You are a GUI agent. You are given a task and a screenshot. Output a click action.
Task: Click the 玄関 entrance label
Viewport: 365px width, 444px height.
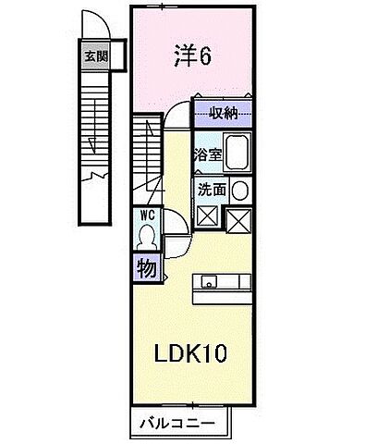point(96,55)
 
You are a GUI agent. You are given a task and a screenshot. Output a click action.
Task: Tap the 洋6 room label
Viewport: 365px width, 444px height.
point(192,56)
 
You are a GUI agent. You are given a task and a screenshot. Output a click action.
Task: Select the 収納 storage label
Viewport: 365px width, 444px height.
point(223,115)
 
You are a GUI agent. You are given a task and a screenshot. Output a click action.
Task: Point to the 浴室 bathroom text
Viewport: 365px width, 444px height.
point(206,154)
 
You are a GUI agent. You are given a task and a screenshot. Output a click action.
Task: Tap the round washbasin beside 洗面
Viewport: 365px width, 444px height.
point(239,190)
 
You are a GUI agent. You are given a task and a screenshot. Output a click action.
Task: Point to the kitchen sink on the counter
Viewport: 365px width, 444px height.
point(207,282)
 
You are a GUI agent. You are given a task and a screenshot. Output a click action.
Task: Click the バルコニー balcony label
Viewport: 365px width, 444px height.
point(175,424)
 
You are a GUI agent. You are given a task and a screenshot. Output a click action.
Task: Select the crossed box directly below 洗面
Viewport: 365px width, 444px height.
point(207,218)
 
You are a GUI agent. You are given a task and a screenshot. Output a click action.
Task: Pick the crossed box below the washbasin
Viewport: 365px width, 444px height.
point(239,219)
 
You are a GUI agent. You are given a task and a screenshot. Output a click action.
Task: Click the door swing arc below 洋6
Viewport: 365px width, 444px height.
point(177,113)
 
